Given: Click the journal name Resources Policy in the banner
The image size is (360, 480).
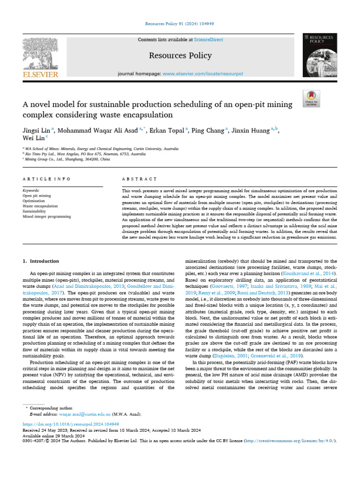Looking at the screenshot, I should (x=180, y=56).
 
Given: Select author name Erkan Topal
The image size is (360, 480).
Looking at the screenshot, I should (x=169, y=131).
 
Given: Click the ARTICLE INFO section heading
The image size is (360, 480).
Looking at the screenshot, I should (x=47, y=179).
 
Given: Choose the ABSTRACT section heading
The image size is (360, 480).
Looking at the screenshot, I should (x=139, y=179).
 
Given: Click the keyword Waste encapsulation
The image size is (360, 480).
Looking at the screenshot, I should (x=40, y=206).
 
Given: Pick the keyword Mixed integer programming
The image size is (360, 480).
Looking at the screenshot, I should (x=47, y=217).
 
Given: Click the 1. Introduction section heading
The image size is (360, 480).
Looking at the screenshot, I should (x=41, y=261).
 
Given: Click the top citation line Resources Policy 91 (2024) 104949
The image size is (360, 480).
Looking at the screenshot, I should (x=180, y=23).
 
